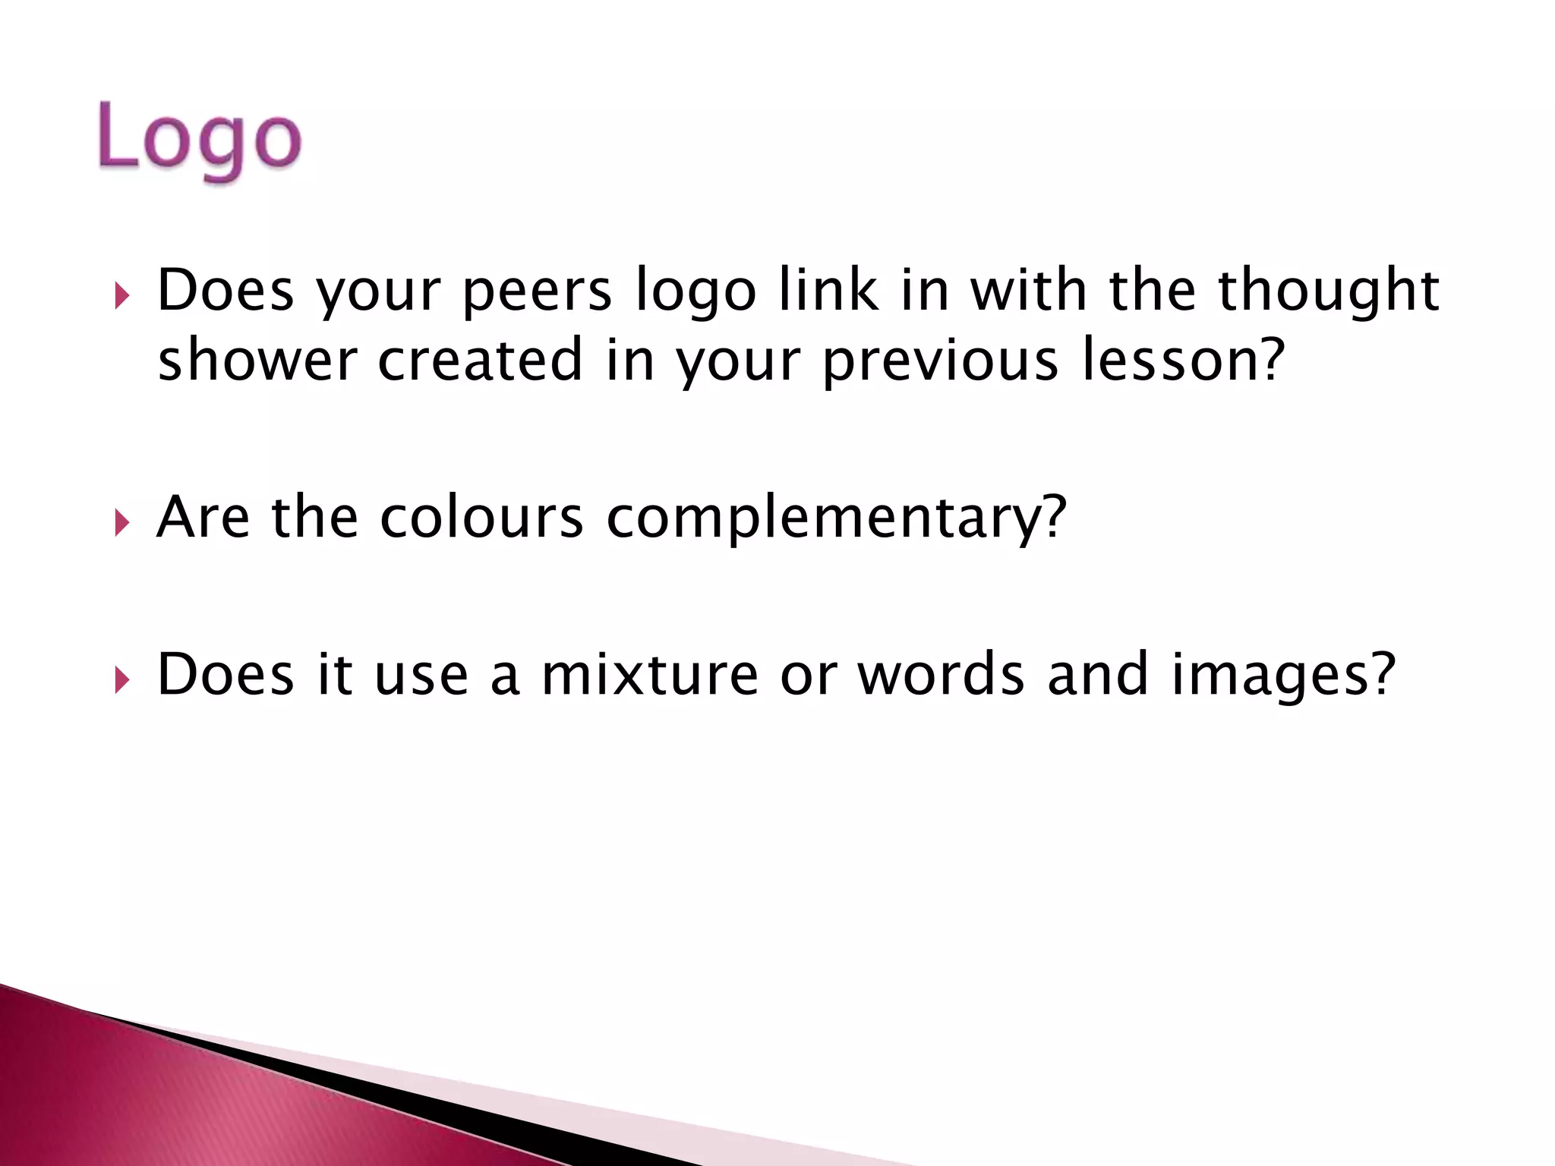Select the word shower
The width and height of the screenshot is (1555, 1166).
click(257, 360)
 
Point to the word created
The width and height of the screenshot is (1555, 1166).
click(480, 360)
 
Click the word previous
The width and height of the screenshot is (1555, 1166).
click(940, 360)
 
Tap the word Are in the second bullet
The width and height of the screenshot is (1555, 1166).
click(203, 518)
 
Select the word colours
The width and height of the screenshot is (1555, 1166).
click(481, 518)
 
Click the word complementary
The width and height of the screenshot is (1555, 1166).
click(836, 518)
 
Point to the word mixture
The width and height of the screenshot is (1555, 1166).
click(649, 674)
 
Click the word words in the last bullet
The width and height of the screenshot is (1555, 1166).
click(941, 674)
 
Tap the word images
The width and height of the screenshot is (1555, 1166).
click(1282, 674)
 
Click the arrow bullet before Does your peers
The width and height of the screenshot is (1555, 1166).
click(122, 295)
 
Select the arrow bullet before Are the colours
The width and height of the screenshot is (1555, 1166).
click(122, 523)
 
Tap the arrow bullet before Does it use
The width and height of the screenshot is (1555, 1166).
click(122, 679)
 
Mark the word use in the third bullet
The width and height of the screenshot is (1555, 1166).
click(421, 674)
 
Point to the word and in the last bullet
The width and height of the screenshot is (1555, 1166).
click(1097, 674)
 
